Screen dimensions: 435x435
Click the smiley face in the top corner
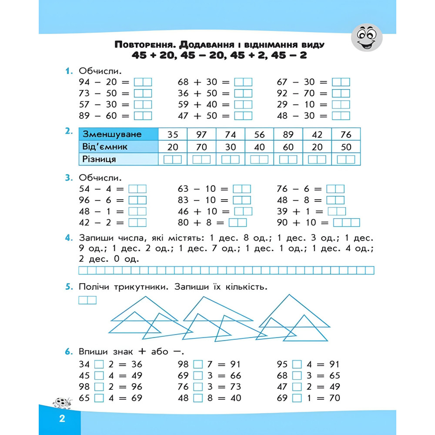[366, 37]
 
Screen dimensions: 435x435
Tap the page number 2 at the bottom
[62, 419]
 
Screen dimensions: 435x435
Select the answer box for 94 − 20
[143, 82]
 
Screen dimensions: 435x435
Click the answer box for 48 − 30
[341, 116]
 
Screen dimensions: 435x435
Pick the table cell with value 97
[201, 134]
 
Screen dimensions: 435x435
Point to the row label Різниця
[99, 159]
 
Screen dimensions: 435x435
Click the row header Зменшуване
[112, 134]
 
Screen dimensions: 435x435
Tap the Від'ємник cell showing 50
[346, 147]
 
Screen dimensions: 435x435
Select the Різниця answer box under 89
[288, 160]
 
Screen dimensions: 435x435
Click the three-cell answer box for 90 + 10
[347, 223]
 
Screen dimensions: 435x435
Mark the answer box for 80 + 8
[238, 223]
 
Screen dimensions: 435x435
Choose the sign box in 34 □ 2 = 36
[99, 364]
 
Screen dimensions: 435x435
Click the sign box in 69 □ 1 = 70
[297, 398]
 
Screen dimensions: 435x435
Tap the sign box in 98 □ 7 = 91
[198, 364]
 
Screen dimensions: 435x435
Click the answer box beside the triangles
[87, 300]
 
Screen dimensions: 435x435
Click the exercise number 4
[68, 238]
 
